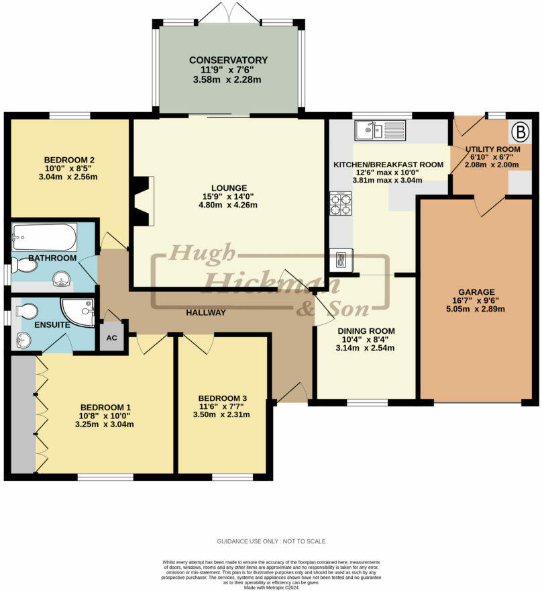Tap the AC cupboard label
point(112,338)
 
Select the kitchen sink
point(380,130)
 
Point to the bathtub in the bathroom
point(44,237)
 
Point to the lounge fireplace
point(142,201)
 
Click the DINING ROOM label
point(366,331)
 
